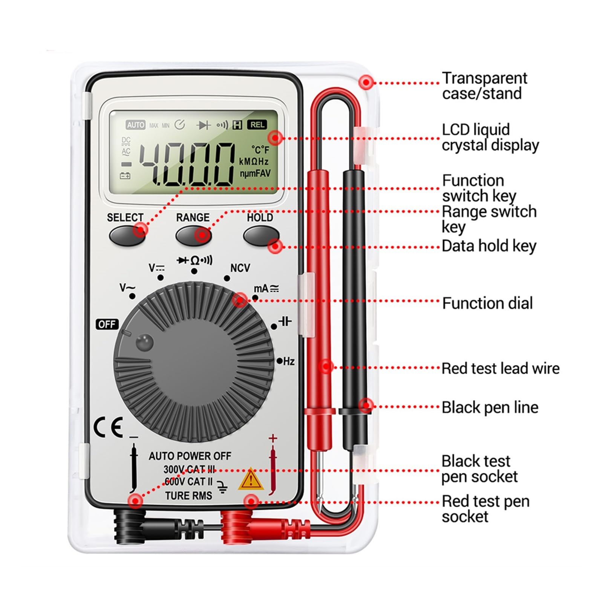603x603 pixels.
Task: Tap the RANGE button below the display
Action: (193, 235)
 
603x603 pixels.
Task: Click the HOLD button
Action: (261, 236)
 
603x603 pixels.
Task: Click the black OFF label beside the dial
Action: (107, 324)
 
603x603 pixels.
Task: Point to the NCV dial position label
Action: (240, 268)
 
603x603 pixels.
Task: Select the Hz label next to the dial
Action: (289, 361)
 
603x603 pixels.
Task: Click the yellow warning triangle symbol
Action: (250, 480)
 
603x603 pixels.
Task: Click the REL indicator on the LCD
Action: (257, 125)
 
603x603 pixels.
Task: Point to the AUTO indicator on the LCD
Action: (135, 125)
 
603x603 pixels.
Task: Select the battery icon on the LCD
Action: (125, 176)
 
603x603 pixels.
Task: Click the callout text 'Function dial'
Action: (487, 303)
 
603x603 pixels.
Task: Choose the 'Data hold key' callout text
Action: (489, 246)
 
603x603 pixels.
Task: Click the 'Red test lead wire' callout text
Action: (500, 368)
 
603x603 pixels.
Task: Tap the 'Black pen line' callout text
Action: (490, 408)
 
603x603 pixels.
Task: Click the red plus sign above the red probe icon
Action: (273, 438)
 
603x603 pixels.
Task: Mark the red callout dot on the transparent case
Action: (366, 82)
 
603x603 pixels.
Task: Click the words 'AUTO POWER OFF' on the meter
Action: (190, 456)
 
